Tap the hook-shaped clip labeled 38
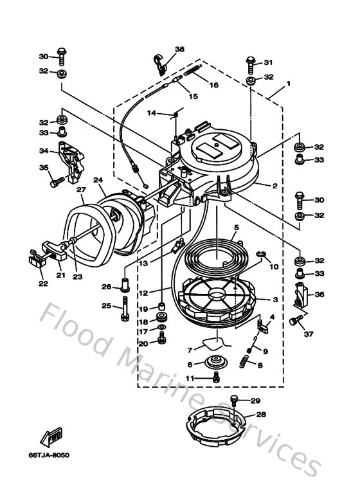tap(159, 62)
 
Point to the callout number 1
tap(289, 84)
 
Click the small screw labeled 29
tap(235, 401)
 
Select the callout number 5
tap(237, 228)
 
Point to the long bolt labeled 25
tap(123, 311)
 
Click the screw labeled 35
tap(55, 182)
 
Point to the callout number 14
tap(152, 113)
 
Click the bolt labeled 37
tap(296, 320)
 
